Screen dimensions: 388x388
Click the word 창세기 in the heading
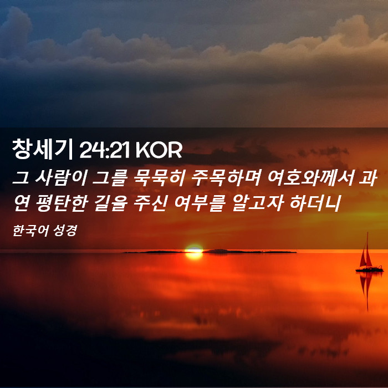point(42,149)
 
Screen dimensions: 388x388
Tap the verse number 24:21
point(104,150)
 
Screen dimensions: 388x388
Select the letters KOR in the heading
point(159,150)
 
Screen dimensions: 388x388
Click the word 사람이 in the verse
point(61,178)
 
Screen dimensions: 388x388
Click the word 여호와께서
point(311,178)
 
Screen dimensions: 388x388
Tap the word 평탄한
point(62,203)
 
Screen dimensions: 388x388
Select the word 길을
point(111,203)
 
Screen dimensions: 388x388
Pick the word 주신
point(150,203)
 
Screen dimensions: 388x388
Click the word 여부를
point(200,203)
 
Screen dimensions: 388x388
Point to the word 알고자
point(257,203)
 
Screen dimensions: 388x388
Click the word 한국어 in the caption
point(30,231)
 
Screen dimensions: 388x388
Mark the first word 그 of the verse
point(21,178)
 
